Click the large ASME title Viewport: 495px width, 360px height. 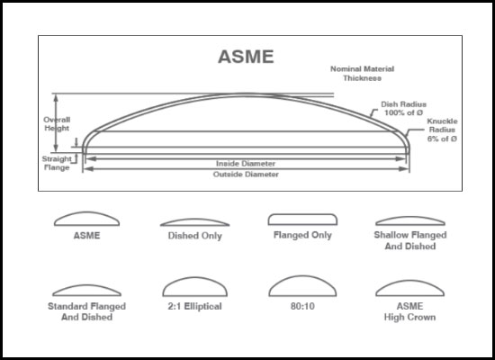tap(246, 57)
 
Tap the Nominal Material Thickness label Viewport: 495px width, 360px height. tap(362, 73)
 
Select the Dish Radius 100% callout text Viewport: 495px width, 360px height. tap(403, 108)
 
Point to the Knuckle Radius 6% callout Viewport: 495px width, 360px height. tap(442, 130)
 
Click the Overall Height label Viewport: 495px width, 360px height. tap(57, 124)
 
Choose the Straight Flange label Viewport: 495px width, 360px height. tap(57, 163)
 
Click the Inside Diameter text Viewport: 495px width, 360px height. tap(246, 164)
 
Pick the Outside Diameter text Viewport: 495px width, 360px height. tap(246, 175)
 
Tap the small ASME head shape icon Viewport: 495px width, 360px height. tap(86, 212)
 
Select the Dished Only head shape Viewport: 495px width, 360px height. tap(194, 220)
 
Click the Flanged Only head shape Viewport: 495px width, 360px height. tap(302, 215)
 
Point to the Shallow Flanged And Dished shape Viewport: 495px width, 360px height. tap(410, 217)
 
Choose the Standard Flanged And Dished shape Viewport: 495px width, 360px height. tap(86, 285)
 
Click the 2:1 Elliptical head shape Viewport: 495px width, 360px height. tap(194, 278)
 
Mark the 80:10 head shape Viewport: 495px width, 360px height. tap(302, 276)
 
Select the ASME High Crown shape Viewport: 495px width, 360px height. tap(409, 281)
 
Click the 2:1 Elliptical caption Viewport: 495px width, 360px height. tap(194, 306)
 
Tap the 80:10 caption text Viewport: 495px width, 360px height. tap(302, 306)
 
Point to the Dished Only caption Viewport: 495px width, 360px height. tap(194, 236)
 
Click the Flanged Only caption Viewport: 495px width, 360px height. tap(302, 235)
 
